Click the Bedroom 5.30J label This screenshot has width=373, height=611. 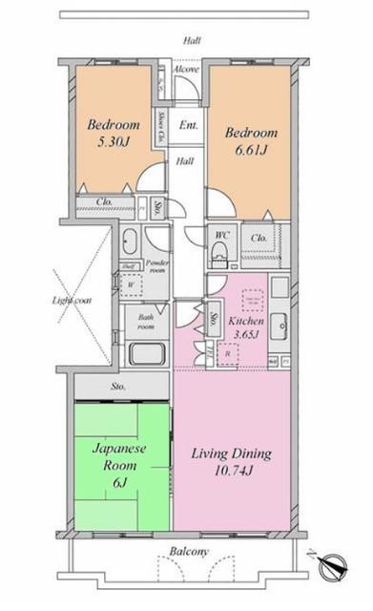click(x=114, y=134)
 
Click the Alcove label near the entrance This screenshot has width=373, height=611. click(x=187, y=70)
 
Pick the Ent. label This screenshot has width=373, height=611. click(x=189, y=125)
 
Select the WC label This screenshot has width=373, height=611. click(x=220, y=234)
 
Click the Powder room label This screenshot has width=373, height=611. click(x=157, y=265)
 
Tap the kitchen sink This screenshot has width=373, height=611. click(x=280, y=323)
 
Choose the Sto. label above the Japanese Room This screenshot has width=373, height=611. click(x=118, y=387)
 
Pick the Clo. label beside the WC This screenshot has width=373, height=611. click(x=258, y=238)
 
